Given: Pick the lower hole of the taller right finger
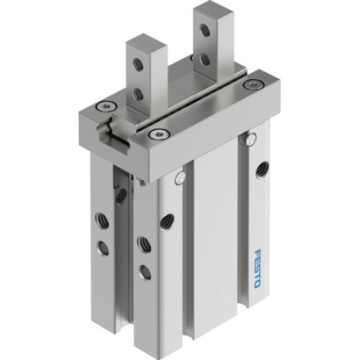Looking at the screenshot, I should point(205,59).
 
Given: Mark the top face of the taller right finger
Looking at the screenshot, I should point(212,10).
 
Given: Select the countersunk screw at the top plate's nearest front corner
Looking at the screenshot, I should point(156,132).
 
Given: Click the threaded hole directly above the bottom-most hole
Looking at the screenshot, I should point(143,244).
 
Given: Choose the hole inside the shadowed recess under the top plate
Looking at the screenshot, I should point(121,194).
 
